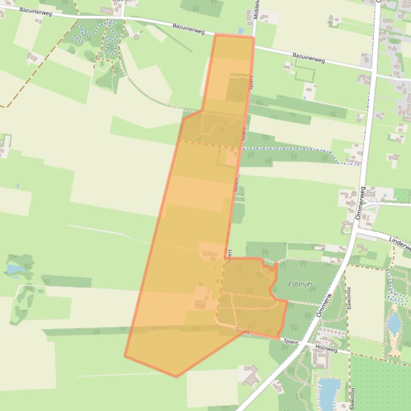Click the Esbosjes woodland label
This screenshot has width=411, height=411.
[x=300, y=284]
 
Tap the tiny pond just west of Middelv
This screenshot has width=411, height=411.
[x=241, y=30]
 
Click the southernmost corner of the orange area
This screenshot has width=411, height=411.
[x=176, y=376]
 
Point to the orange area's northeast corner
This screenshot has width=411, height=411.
[x=252, y=37]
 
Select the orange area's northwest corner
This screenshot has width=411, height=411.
[x=215, y=35]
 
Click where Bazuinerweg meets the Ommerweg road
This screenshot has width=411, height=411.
[x=372, y=70]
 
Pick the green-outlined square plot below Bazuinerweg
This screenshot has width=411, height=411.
[x=304, y=74]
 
